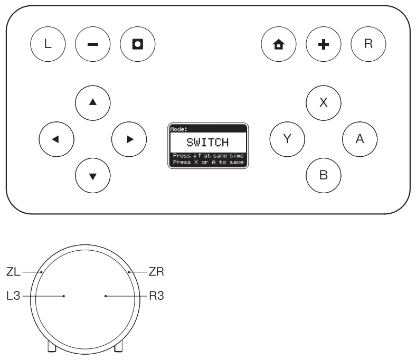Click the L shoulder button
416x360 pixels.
pyautogui.click(x=48, y=44)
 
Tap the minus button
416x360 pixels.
pyautogui.click(x=92, y=44)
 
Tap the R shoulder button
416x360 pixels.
pyautogui.click(x=368, y=44)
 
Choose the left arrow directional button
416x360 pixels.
pyautogui.click(x=56, y=139)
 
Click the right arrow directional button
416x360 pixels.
pyautogui.click(x=129, y=139)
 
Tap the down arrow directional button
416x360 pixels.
pyautogui.click(x=93, y=175)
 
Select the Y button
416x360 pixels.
pyautogui.click(x=287, y=139)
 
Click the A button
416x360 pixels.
pyautogui.click(x=360, y=139)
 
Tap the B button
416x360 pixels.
pyautogui.click(x=324, y=175)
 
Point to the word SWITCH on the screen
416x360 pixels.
pyautogui.click(x=207, y=143)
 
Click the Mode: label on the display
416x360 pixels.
pyautogui.click(x=178, y=128)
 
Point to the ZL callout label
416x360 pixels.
pyautogui.click(x=14, y=272)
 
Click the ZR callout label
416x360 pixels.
pyautogui.click(x=157, y=272)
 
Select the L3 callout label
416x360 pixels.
pyautogui.click(x=14, y=296)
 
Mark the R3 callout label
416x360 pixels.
pyautogui.click(x=157, y=296)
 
